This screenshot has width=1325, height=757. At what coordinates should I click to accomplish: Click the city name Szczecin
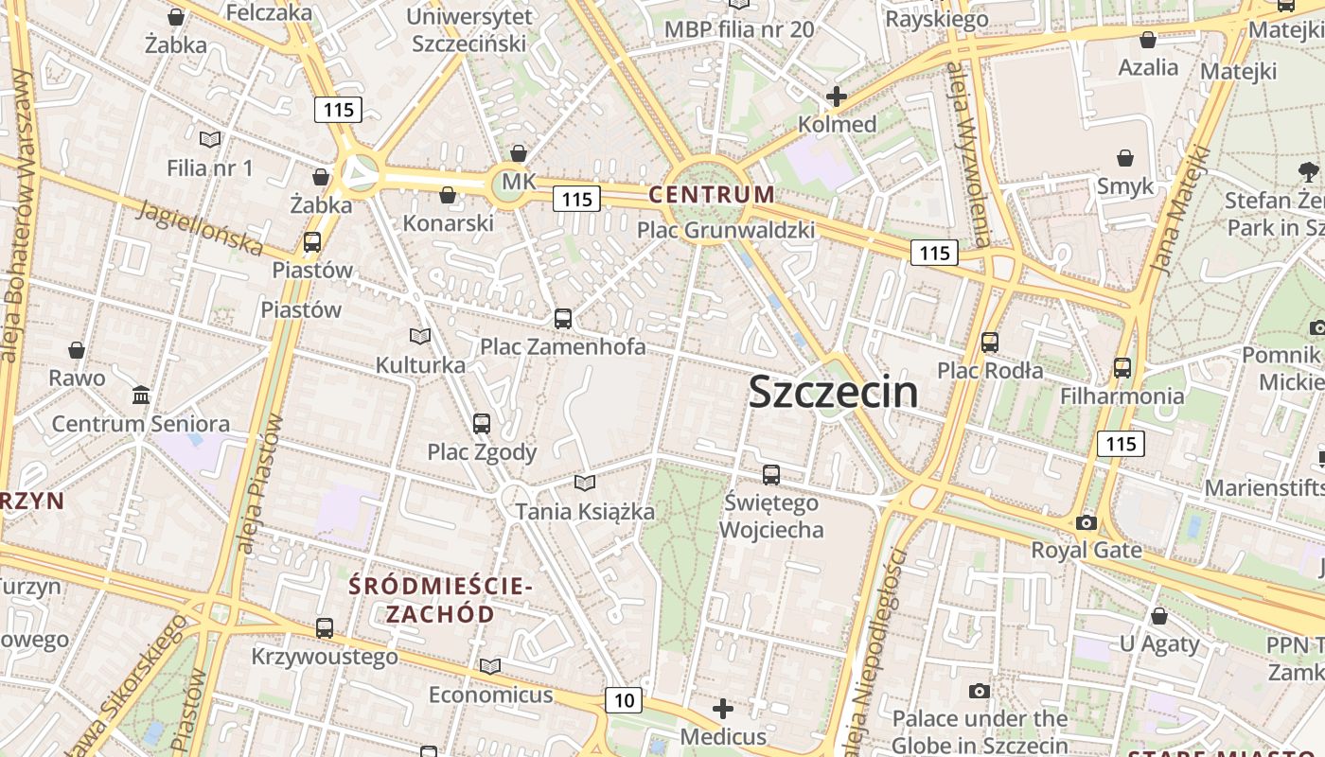point(833,392)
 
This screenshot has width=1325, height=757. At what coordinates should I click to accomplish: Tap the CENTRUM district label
point(712,195)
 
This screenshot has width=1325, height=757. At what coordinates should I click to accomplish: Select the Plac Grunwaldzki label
point(725,230)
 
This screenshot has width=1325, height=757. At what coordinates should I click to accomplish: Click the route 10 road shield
point(624,700)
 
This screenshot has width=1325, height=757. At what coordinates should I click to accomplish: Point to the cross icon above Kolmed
point(836,97)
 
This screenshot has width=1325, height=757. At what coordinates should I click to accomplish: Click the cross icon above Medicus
point(723,709)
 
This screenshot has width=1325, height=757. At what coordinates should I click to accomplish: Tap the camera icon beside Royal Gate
point(1086,522)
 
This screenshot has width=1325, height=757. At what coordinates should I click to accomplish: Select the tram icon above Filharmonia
point(1122,367)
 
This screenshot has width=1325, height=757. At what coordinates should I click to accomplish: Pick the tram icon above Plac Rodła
point(990,343)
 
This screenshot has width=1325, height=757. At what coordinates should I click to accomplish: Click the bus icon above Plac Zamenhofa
point(563,319)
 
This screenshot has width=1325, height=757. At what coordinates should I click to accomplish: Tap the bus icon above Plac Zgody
point(482,424)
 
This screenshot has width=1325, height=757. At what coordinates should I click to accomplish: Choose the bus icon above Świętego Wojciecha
point(771,475)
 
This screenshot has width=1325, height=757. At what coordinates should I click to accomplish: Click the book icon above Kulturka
point(420,337)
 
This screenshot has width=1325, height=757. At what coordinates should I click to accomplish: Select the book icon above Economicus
point(489,667)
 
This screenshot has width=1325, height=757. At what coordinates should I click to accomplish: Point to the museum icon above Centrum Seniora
point(141,395)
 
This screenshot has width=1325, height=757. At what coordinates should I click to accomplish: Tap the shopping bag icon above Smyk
point(1125,158)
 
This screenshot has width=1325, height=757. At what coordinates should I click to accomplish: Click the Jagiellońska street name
point(200,228)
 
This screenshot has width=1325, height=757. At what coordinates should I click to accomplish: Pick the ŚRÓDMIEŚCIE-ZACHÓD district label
point(440,600)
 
